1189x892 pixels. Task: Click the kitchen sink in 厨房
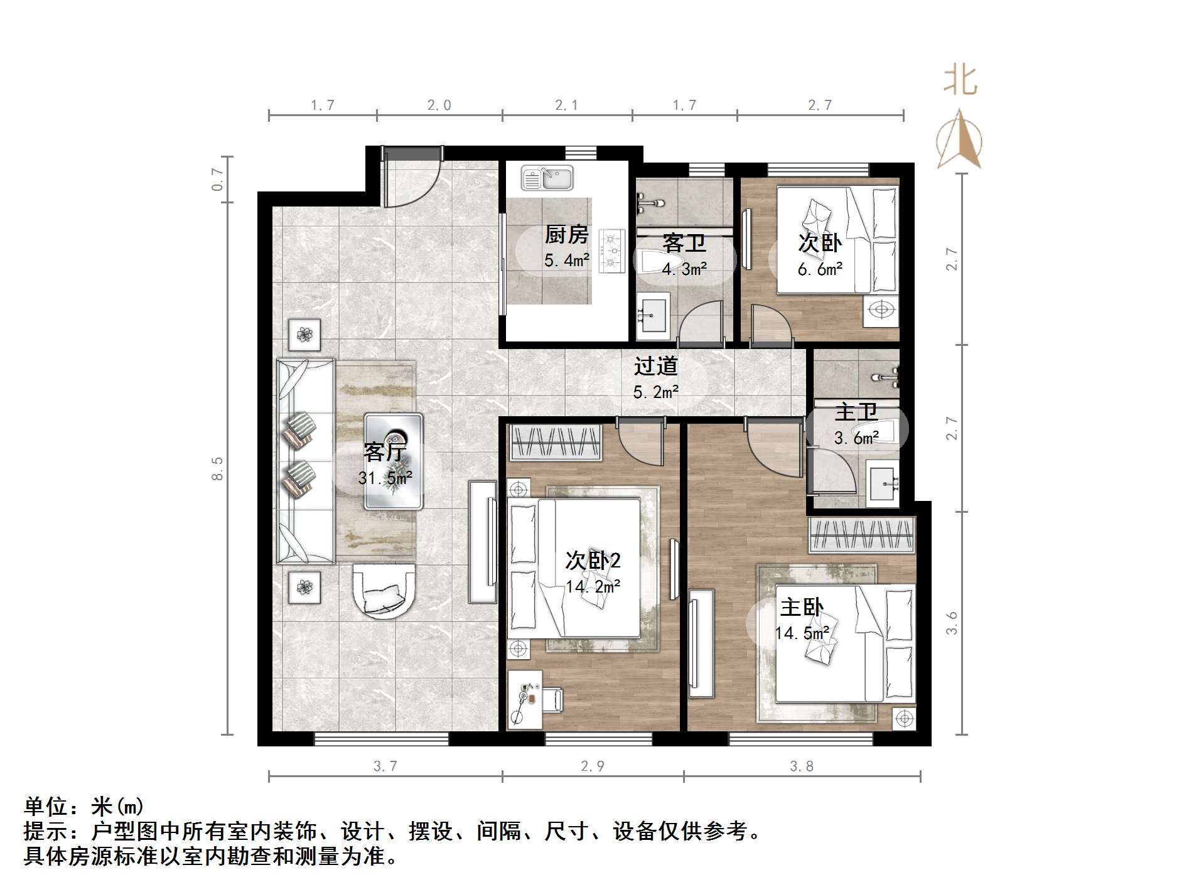click(x=547, y=178)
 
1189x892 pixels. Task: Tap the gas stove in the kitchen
click(x=612, y=251)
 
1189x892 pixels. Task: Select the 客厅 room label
click(x=385, y=451)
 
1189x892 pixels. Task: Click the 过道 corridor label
click(x=655, y=366)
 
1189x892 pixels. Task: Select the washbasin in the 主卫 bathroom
click(x=884, y=483)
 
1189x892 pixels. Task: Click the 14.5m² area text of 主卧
click(x=802, y=633)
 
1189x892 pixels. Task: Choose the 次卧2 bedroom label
click(x=593, y=560)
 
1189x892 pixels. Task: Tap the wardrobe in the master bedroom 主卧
click(x=861, y=535)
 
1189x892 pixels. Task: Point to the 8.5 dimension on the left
click(x=217, y=468)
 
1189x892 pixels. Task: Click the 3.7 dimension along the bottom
click(x=385, y=766)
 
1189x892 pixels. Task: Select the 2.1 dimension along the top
click(x=566, y=105)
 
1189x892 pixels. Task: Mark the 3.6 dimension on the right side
click(x=952, y=623)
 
